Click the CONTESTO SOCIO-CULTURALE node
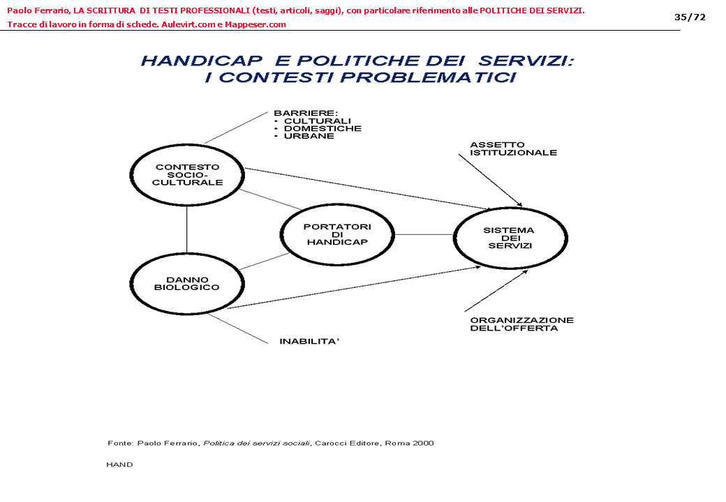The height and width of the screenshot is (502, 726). point(187,175)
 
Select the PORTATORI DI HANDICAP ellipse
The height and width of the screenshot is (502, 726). point(337,235)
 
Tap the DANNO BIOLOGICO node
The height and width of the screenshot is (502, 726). point(187,284)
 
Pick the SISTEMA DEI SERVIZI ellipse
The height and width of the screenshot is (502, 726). point(510,238)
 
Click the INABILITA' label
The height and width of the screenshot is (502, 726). point(309,342)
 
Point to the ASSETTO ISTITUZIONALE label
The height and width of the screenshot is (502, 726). point(513,149)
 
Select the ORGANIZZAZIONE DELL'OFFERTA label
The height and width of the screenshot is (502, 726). point(521,324)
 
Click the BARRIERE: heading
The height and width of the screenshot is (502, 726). point(306,113)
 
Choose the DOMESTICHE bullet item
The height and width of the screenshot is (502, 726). point(323,128)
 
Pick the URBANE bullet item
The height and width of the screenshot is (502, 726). point(309,136)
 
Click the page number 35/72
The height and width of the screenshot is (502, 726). point(690,17)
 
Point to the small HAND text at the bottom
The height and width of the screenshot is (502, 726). point(119,464)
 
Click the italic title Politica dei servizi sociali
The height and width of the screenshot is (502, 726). point(256,443)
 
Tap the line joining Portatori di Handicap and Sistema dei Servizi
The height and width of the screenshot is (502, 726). point(424,235)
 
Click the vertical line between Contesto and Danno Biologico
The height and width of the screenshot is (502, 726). point(187,229)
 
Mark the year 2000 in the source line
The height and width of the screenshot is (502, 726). point(423,443)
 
